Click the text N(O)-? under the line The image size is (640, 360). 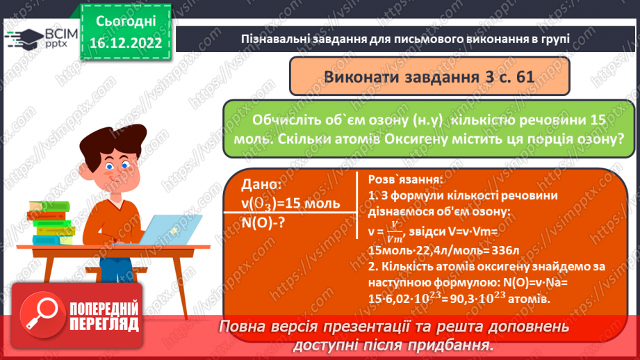tap(264, 224)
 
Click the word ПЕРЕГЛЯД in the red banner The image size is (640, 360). tap(104, 323)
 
